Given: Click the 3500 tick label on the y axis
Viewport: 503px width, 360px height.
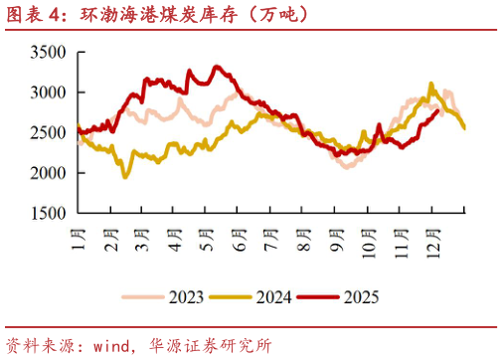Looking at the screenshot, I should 48,52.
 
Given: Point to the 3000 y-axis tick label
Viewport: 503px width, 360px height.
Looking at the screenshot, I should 48,91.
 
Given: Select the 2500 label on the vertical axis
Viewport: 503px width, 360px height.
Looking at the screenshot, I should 48,132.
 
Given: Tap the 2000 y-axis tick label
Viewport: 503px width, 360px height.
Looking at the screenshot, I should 48,173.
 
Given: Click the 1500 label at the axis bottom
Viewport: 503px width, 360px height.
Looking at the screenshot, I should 48,213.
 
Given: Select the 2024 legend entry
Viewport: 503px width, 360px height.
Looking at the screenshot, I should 264,295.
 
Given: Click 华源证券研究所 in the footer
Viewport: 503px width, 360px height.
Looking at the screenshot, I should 215,346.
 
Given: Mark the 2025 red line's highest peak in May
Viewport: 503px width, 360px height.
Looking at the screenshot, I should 216,67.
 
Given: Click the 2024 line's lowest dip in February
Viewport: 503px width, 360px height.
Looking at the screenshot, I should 125,177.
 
